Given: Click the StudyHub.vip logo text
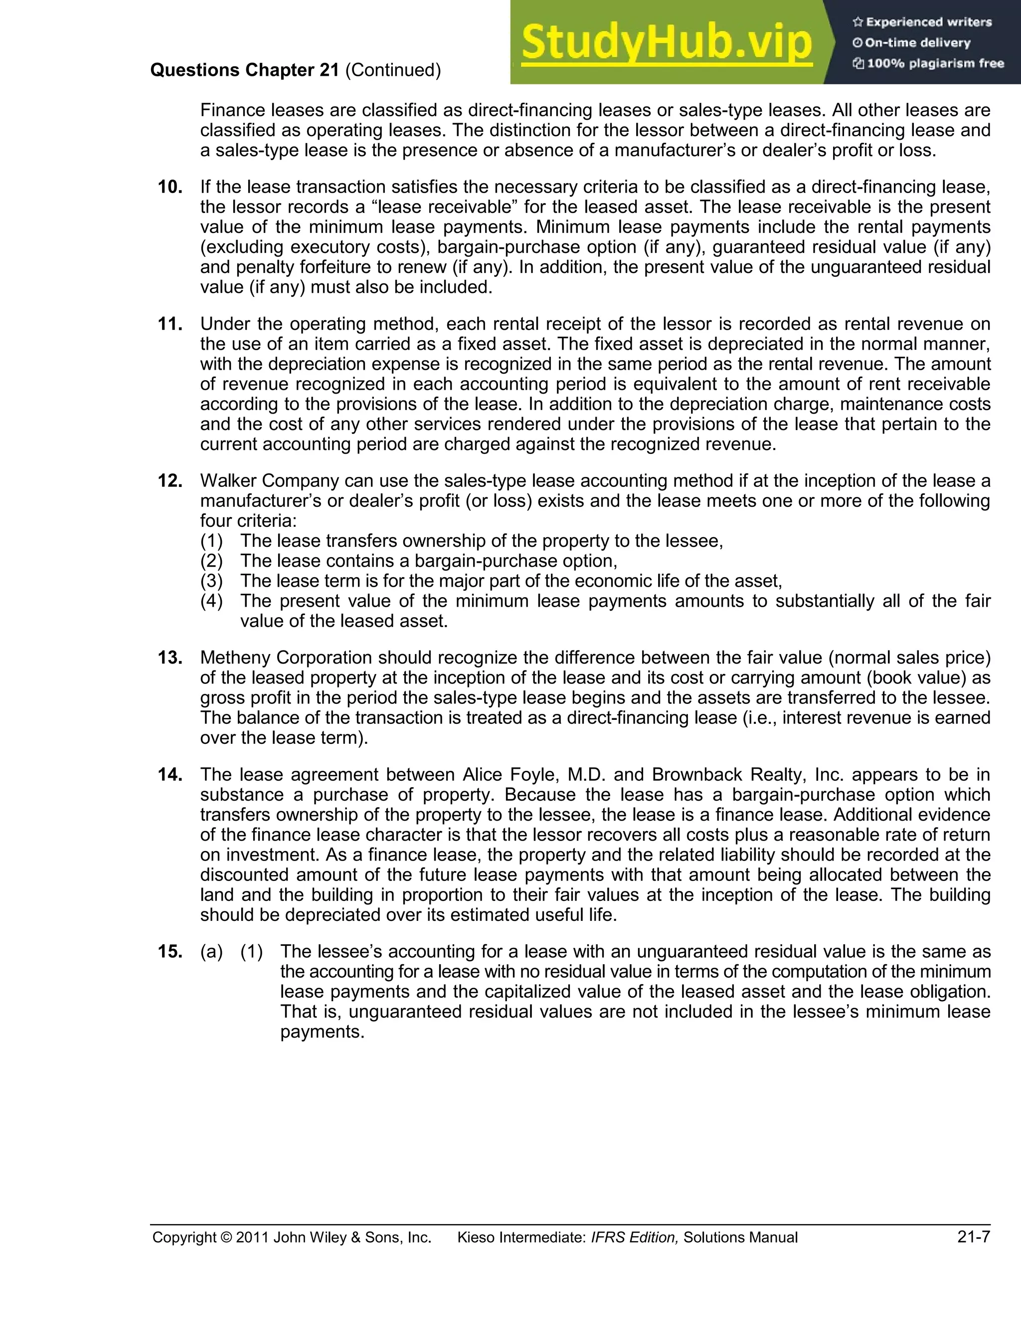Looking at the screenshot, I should pyautogui.click(x=666, y=42).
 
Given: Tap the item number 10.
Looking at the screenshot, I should pyautogui.click(x=170, y=187).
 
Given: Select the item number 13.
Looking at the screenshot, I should pyautogui.click(x=170, y=658).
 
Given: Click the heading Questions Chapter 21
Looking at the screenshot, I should pyautogui.click(x=244, y=70).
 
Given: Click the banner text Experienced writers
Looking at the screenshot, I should pyautogui.click(x=928, y=22).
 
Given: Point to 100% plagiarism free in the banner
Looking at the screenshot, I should pyautogui.click(x=935, y=63).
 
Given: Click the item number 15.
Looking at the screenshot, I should pyautogui.click(x=170, y=951).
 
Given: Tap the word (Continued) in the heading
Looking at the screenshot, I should pyautogui.click(x=393, y=70).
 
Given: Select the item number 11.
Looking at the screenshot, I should pyautogui.click(x=170, y=324).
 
